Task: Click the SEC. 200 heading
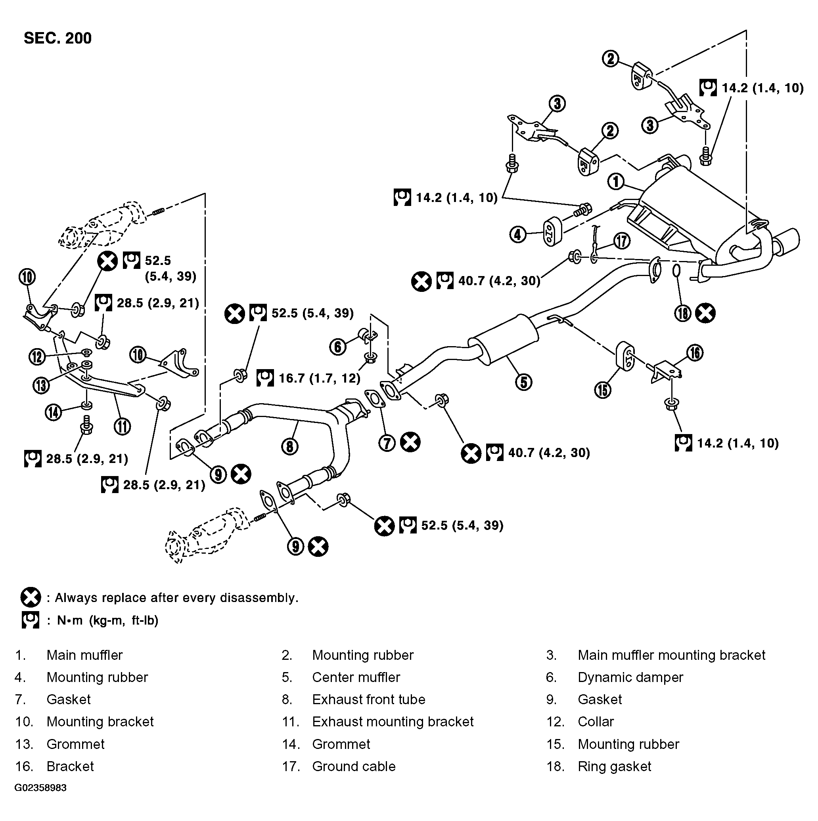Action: coord(57,38)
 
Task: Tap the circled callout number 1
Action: coord(615,182)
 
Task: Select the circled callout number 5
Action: coord(524,382)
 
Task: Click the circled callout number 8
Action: coord(290,447)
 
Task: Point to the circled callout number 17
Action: coord(622,241)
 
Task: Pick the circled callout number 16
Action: coord(695,353)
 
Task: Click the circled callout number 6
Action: coord(338,347)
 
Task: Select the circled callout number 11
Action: coord(123,426)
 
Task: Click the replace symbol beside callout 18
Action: coord(705,313)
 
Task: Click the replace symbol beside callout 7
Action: coord(410,442)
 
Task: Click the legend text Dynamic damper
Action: coord(630,677)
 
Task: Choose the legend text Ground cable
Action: coord(353,767)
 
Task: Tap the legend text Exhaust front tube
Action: coord(368,699)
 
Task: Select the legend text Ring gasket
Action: coord(614,767)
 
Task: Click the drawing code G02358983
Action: coord(40,788)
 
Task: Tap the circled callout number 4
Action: coord(518,234)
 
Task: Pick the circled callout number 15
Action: coord(603,390)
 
